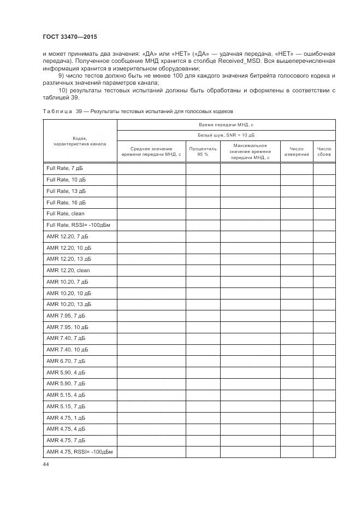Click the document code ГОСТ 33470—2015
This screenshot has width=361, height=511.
(x=69, y=37)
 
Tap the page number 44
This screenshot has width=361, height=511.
(x=46, y=464)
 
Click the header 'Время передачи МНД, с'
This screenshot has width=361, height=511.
(x=226, y=125)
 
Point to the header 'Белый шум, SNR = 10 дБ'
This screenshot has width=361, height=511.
(x=226, y=135)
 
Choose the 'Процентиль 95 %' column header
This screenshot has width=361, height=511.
(x=203, y=151)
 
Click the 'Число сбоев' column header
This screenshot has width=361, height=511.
(x=324, y=151)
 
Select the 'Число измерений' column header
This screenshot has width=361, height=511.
(x=297, y=151)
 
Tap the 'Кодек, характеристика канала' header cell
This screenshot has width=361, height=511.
(x=80, y=141)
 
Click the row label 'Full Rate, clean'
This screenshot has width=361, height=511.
(x=65, y=214)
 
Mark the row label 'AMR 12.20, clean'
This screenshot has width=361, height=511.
(x=68, y=271)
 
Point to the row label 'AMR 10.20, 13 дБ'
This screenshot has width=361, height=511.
(x=69, y=304)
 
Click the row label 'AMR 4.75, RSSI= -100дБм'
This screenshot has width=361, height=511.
(x=78, y=452)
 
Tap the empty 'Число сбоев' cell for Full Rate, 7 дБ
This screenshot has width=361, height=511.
(x=324, y=168)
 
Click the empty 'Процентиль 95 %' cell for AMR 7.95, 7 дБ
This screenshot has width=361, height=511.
(x=203, y=316)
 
